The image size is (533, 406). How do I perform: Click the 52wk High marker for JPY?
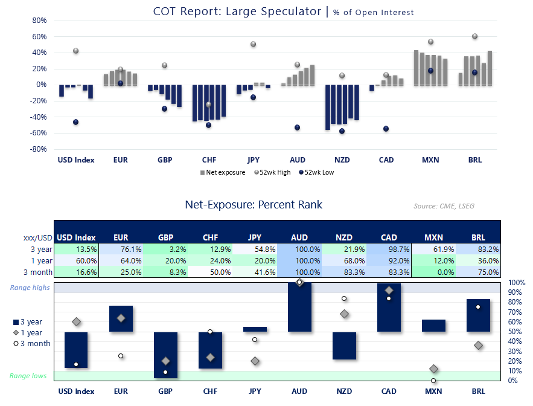pos(254,44)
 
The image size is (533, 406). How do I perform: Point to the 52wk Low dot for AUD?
pos(298,127)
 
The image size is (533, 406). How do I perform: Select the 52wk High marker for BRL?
pos(474,36)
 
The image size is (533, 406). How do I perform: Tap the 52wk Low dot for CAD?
pos(386,129)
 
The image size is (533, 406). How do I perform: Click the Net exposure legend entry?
pos(223,172)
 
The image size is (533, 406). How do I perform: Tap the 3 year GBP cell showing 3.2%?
pos(165,249)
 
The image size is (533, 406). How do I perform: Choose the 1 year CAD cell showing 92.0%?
pos(388,261)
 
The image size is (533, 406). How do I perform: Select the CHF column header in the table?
pos(209,237)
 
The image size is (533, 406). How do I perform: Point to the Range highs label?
pos(30,288)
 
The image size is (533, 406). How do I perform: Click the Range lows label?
pos(28,376)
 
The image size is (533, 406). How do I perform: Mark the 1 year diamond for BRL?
pos(478,346)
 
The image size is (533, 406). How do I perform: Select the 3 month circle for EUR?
pos(121,356)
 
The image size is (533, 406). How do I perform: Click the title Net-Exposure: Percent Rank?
pos(254,205)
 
